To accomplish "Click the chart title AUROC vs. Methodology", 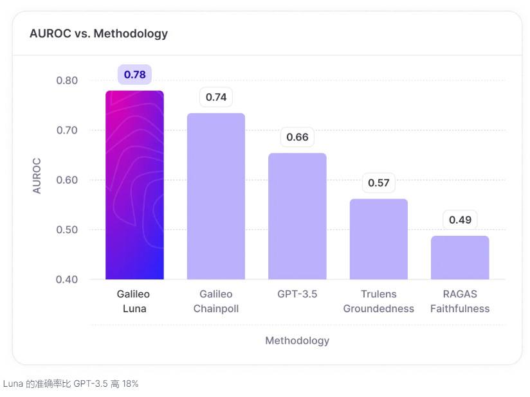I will coord(98,33).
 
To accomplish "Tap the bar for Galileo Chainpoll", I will coord(216,196).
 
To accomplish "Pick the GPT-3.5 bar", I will coord(297,216).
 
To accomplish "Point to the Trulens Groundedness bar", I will coord(378,239).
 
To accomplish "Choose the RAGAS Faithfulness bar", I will coord(460,258).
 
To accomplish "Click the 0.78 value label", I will coord(134,75).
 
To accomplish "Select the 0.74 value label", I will coord(216,98).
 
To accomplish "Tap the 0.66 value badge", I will coord(297,137).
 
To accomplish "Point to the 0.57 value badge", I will coord(378,183).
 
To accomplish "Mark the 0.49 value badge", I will coord(460,220).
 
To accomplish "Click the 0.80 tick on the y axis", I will coord(67,80).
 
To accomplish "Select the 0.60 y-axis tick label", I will coord(67,180).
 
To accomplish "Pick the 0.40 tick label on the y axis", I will coord(67,279).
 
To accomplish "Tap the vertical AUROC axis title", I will coord(37,175).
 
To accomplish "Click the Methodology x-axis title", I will coord(297,340).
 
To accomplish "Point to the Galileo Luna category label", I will coord(134,301).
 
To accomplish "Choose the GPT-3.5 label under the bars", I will coord(297,294).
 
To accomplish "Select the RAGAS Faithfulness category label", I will coord(460,301).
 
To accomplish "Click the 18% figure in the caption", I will coord(131,384).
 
